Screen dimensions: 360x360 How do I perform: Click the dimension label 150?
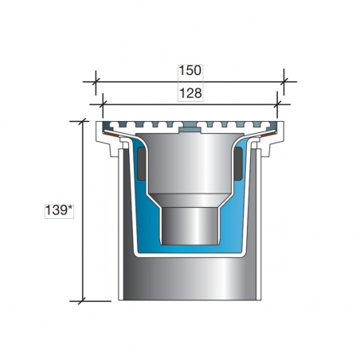(x=190, y=71)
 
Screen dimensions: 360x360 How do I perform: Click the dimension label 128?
(x=190, y=93)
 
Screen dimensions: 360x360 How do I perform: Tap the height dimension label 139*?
(x=59, y=210)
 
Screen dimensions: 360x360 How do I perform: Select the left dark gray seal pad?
(x=142, y=163)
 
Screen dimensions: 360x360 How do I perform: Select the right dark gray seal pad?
(x=238, y=163)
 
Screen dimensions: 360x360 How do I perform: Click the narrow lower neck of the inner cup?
(x=190, y=225)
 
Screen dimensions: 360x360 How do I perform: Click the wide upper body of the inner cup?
(x=190, y=163)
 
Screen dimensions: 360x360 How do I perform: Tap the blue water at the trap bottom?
(x=190, y=248)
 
